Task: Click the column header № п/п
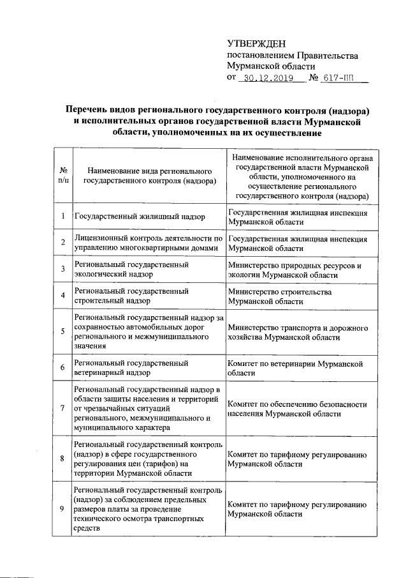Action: (x=63, y=176)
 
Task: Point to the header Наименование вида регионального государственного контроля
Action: (x=149, y=177)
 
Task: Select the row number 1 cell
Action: (x=63, y=217)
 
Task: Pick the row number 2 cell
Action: (x=63, y=242)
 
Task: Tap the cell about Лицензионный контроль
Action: (x=148, y=242)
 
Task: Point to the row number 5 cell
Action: (x=63, y=331)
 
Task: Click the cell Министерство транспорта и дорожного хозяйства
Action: (x=298, y=331)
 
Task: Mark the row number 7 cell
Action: (x=63, y=407)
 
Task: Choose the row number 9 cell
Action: (x=63, y=508)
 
